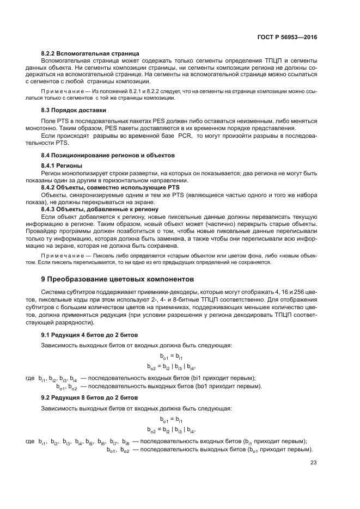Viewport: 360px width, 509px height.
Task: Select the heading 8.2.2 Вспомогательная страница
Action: pyautogui.click(x=90, y=53)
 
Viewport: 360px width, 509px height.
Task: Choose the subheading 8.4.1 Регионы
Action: pyautogui.click(x=62, y=165)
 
